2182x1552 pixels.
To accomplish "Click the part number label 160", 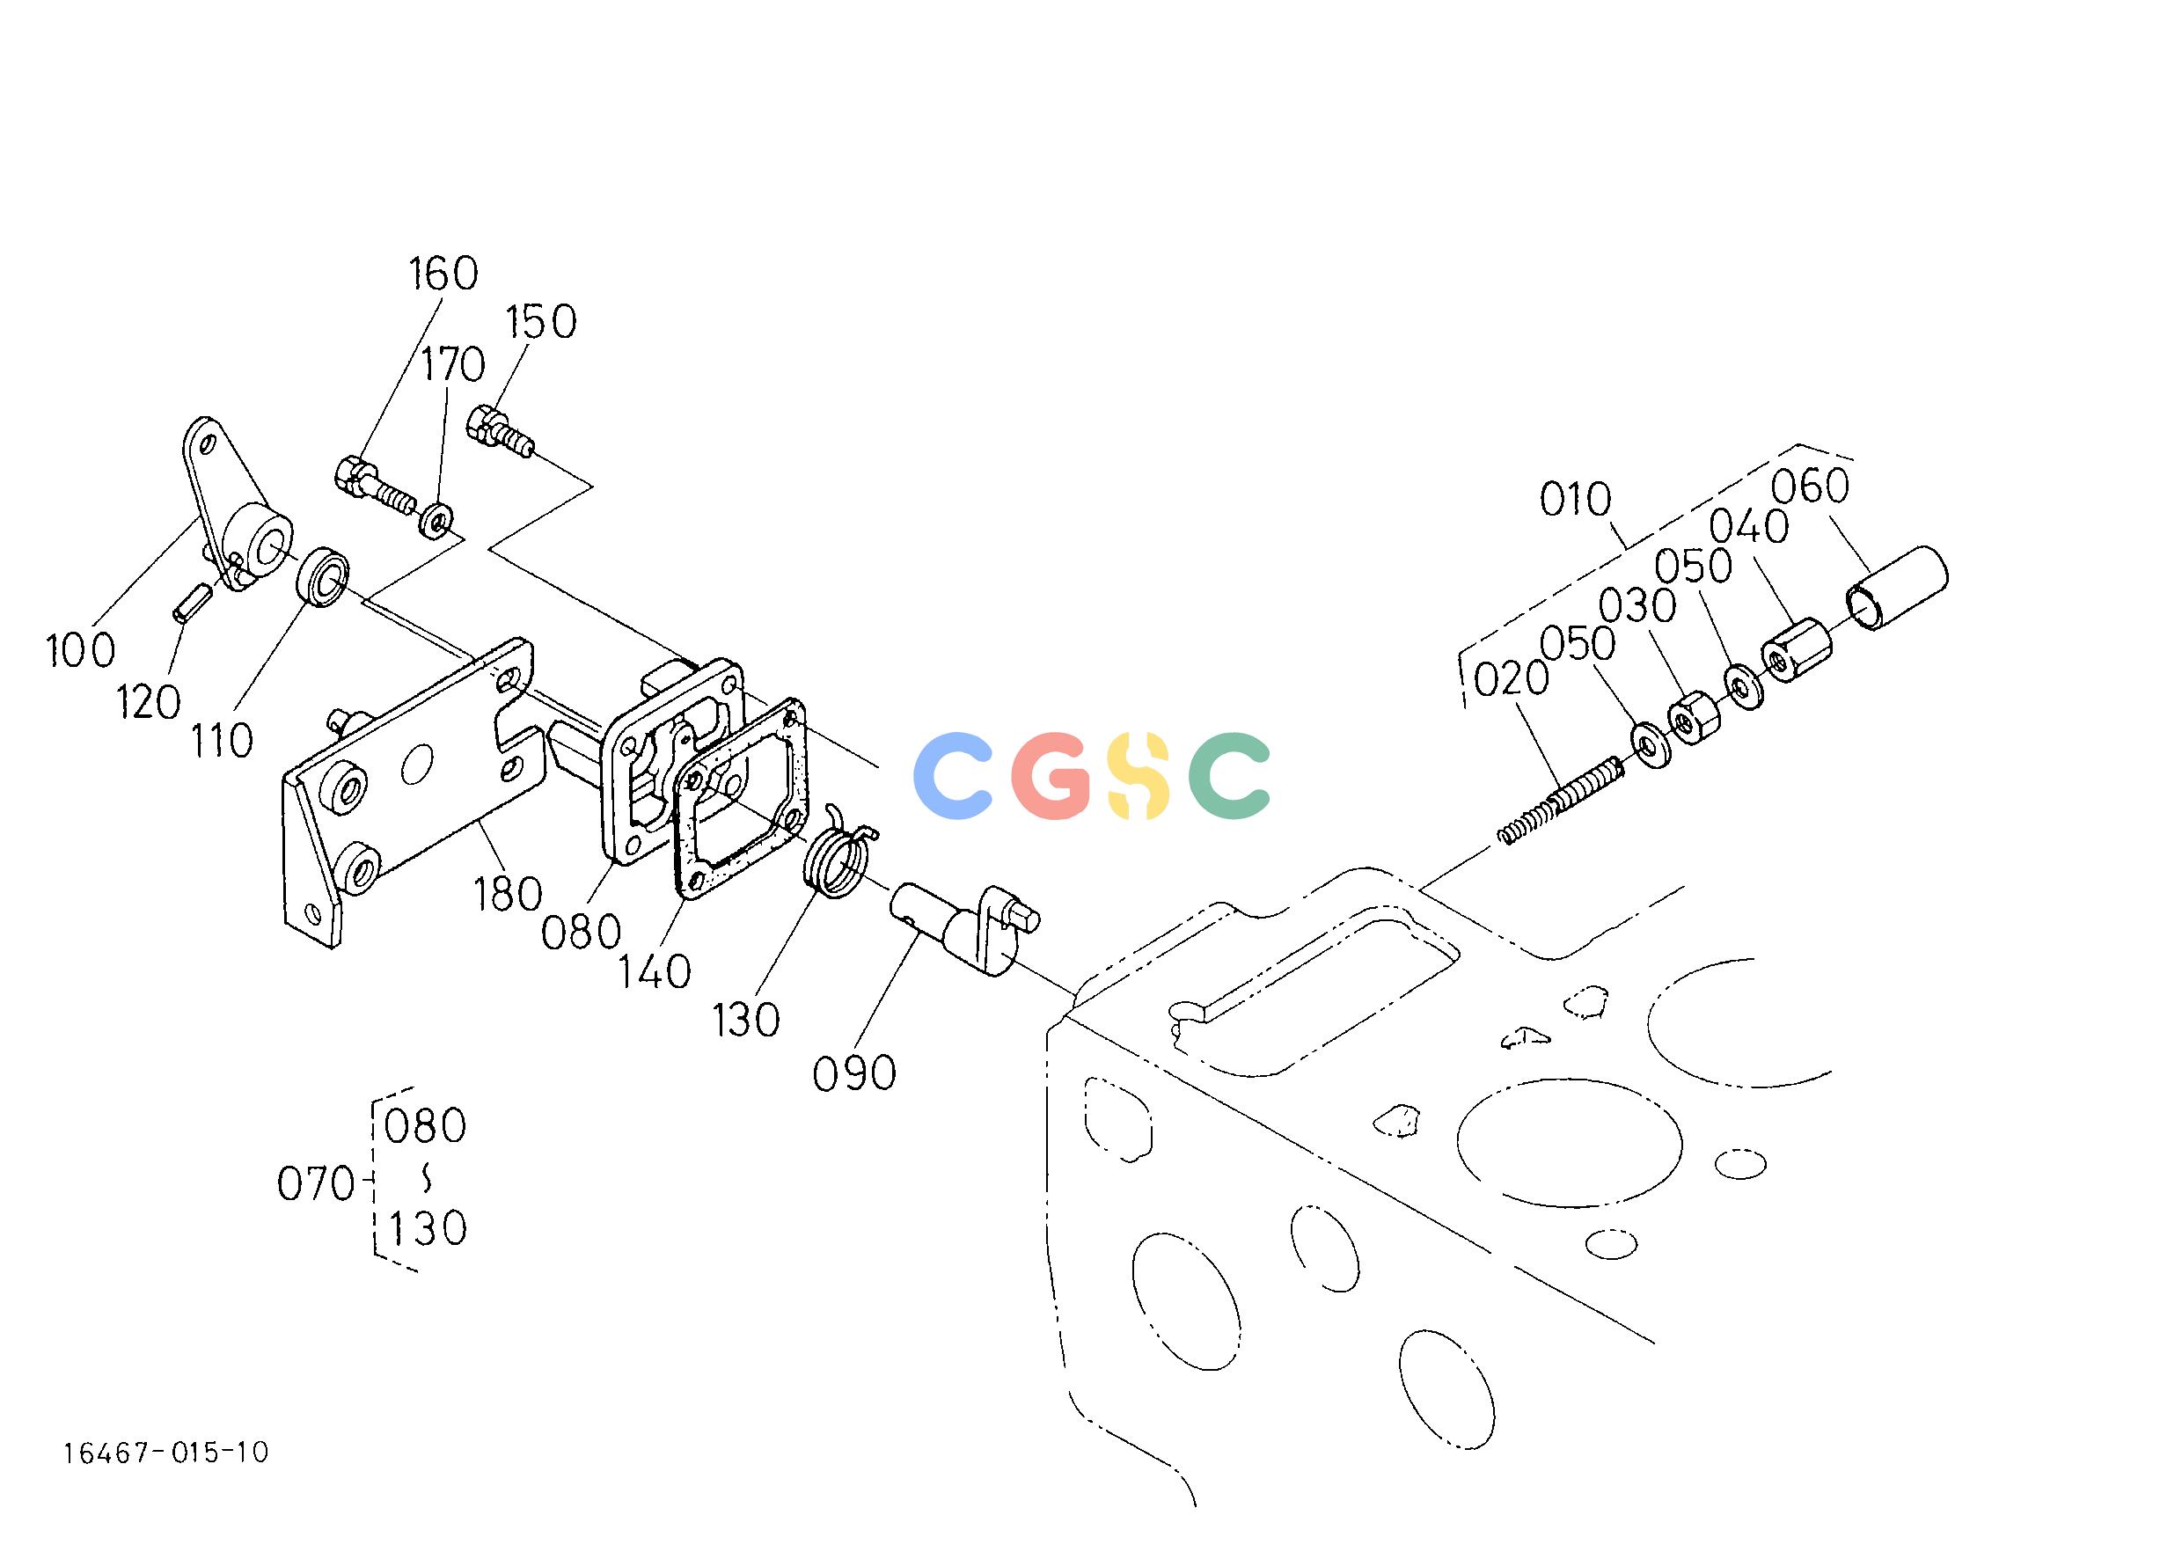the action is (443, 275).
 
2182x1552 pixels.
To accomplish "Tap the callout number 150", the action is (541, 322).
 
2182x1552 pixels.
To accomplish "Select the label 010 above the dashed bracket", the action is (1575, 500).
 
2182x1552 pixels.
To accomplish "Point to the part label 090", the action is (853, 1073).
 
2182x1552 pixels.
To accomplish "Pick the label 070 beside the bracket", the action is (315, 1185).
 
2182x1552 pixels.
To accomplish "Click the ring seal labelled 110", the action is (323, 577).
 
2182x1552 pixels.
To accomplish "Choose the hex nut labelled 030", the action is (1694, 719).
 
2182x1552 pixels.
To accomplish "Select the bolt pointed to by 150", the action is (502, 432).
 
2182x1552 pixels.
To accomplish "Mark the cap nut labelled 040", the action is (1796, 652).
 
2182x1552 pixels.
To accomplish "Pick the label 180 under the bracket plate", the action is (508, 894).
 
